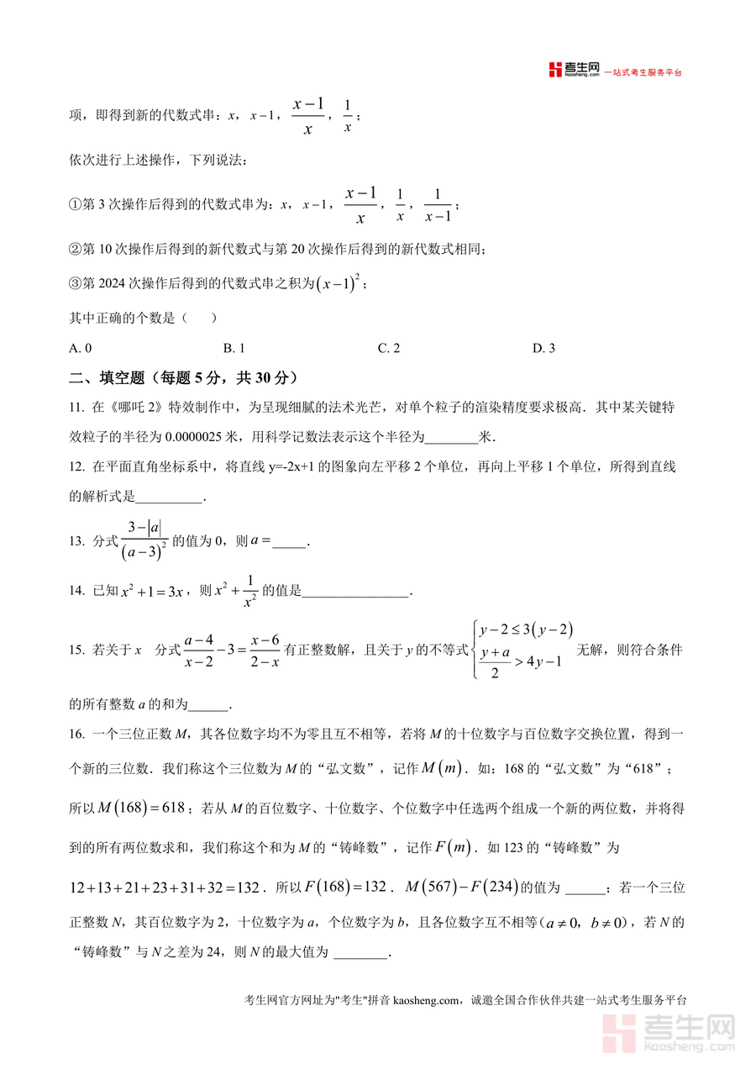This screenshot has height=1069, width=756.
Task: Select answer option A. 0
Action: click(81, 348)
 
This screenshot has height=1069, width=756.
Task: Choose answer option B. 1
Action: click(234, 348)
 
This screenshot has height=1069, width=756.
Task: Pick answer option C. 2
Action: click(388, 348)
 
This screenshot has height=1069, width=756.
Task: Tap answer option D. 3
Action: click(543, 348)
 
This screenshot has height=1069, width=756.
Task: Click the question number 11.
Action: click(76, 408)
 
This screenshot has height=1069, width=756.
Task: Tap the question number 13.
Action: click(76, 543)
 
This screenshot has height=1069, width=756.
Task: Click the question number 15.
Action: click(76, 650)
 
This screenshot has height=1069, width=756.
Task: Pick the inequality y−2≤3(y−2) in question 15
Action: click(527, 629)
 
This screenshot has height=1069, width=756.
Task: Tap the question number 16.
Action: click(76, 735)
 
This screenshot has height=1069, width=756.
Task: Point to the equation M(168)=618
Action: click(141, 808)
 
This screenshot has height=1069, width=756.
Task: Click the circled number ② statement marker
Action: click(74, 249)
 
